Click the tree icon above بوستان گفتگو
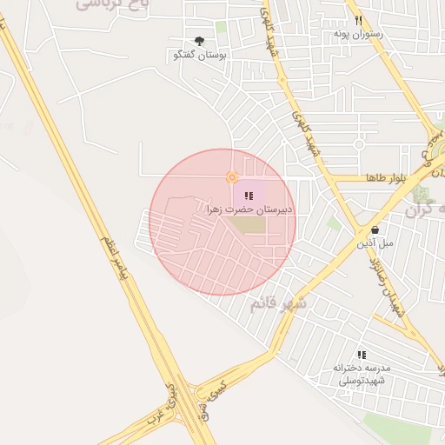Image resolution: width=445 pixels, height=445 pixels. [200, 41]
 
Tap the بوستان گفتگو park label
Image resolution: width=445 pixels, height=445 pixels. [200, 55]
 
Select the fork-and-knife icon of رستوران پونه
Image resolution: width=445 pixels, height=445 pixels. [358, 21]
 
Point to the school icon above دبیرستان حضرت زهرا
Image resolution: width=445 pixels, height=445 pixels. [249, 196]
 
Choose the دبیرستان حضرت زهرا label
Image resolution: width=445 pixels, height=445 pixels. [249, 209]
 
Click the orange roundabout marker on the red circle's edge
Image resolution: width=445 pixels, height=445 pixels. [232, 177]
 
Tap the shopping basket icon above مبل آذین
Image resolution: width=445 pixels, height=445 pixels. [375, 230]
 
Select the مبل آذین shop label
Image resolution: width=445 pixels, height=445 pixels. [375, 243]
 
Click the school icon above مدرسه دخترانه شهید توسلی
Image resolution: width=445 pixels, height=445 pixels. [362, 355]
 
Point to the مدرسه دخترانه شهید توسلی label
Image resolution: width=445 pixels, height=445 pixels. [362, 373]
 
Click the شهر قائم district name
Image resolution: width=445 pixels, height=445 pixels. [278, 303]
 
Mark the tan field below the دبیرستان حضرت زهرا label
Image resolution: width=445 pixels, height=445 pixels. [247, 225]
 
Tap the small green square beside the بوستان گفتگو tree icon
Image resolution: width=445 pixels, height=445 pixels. [221, 29]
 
